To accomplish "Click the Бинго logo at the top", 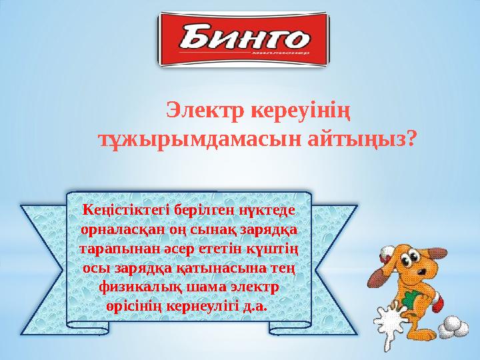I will pos(241,41).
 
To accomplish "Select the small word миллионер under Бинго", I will pos(281,52).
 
